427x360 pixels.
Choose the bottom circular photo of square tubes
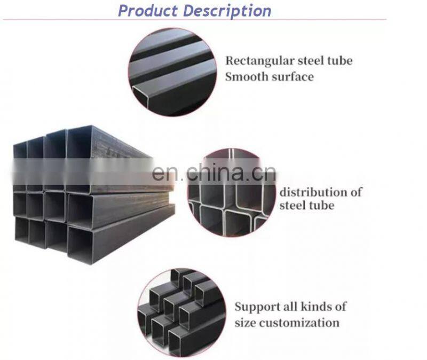pos(180,306)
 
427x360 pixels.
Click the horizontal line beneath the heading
pos(195,20)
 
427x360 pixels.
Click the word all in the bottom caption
pos(294,307)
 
